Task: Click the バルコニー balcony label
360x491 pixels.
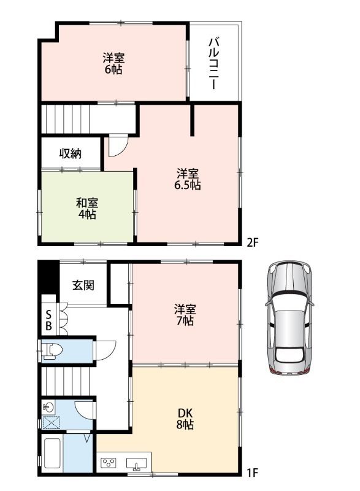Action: [214, 64]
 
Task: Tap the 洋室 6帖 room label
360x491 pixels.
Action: [113, 64]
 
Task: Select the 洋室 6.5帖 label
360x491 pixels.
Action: [187, 179]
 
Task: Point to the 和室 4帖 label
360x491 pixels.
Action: [87, 208]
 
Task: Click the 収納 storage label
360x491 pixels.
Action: [71, 153]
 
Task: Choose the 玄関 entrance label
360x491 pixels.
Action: [83, 285]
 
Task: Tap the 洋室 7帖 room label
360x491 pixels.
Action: [185, 315]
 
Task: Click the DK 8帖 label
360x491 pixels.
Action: [185, 419]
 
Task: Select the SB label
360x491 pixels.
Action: [49, 320]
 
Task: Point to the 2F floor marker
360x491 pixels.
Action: [253, 242]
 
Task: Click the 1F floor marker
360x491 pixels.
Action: [252, 473]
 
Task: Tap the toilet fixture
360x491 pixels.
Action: [52, 351]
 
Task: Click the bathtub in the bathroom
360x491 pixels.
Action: [52, 453]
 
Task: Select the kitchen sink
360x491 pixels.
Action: [136, 463]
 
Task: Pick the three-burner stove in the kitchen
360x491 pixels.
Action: [108, 463]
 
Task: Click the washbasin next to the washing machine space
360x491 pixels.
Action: [48, 408]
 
